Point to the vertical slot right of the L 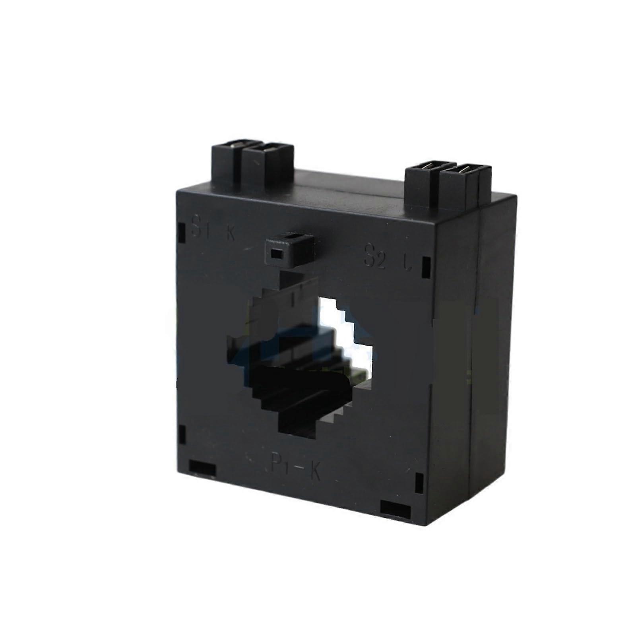point(426,268)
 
